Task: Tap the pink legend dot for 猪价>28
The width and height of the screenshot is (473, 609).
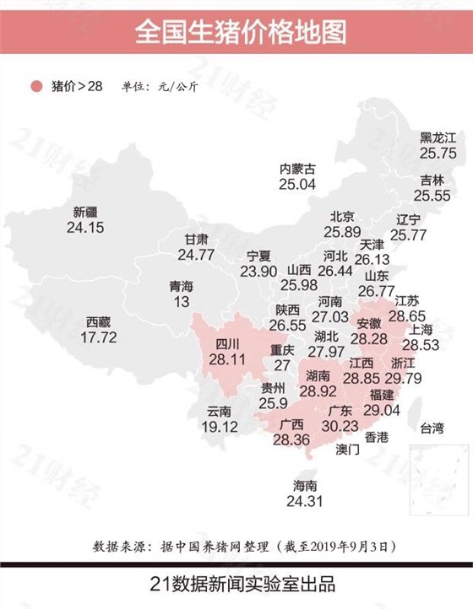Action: coord(35,86)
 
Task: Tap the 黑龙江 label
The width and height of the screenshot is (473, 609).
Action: coord(438,137)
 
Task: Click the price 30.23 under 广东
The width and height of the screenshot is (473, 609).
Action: coord(340,427)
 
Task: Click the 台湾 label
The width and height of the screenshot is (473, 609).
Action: coord(432,428)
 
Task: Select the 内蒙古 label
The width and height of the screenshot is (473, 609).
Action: coord(297,168)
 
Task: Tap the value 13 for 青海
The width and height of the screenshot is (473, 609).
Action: coord(181,302)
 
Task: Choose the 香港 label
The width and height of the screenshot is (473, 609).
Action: coord(377,437)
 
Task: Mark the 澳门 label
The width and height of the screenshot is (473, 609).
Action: coord(346,450)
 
